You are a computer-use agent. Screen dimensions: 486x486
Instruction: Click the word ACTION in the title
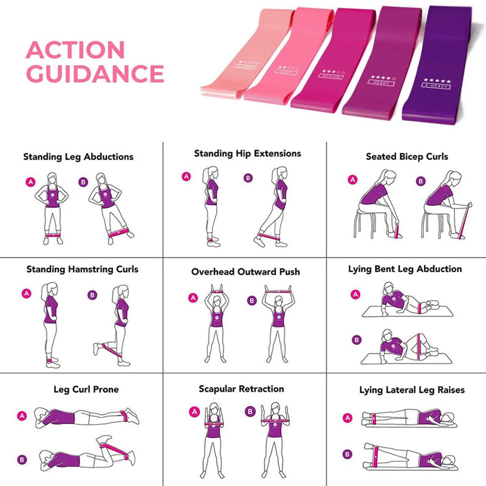tap(75, 50)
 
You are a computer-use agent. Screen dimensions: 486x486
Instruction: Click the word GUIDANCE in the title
tap(95, 74)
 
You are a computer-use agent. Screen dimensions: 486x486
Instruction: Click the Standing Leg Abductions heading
tap(78, 157)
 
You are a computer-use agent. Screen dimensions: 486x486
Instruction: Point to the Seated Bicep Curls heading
tap(406, 157)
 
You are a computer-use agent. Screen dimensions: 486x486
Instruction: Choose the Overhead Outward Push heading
tap(245, 272)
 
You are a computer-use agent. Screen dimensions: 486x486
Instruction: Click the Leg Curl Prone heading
tap(86, 389)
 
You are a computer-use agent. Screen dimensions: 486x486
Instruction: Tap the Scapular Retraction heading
tap(241, 389)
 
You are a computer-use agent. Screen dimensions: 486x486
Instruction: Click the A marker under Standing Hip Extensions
tap(187, 177)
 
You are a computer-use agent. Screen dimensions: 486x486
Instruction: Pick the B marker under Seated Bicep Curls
tap(420, 180)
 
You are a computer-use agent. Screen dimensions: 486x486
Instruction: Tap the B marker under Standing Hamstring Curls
tap(92, 295)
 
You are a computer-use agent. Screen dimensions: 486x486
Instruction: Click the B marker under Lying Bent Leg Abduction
tap(357, 340)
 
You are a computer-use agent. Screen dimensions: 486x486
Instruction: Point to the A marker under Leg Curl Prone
tap(22, 416)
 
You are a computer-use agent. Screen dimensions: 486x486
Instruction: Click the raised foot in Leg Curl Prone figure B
tap(104, 438)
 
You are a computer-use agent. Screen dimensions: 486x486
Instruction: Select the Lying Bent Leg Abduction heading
tap(405, 269)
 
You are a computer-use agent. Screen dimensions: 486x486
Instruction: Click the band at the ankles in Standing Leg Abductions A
tap(52, 233)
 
